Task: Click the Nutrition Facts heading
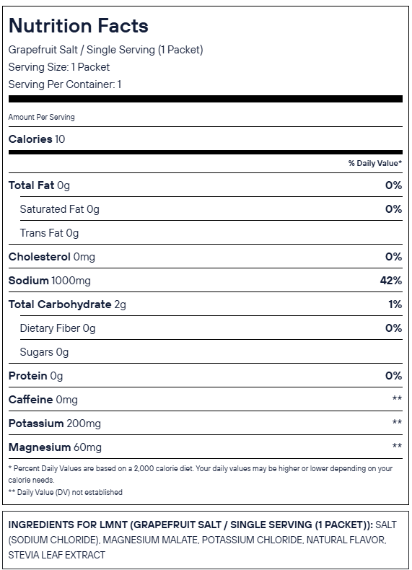click(78, 26)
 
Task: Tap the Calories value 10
click(60, 139)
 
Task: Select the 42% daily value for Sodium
click(391, 280)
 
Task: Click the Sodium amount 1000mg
click(71, 281)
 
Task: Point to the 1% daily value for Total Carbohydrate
click(395, 304)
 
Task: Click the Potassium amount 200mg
click(84, 424)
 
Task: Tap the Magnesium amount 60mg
click(87, 447)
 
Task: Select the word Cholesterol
click(39, 257)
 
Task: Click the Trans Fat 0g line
click(49, 233)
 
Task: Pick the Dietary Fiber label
click(50, 328)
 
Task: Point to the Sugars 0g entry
click(44, 352)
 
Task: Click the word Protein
click(27, 376)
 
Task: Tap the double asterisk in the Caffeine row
click(397, 398)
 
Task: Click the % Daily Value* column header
click(375, 163)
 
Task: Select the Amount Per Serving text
click(41, 117)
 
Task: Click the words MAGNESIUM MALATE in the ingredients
click(150, 540)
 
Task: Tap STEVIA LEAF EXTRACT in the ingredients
click(57, 555)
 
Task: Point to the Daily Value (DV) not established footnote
click(66, 492)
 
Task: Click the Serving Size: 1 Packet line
click(59, 67)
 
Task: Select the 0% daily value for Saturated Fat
click(393, 209)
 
